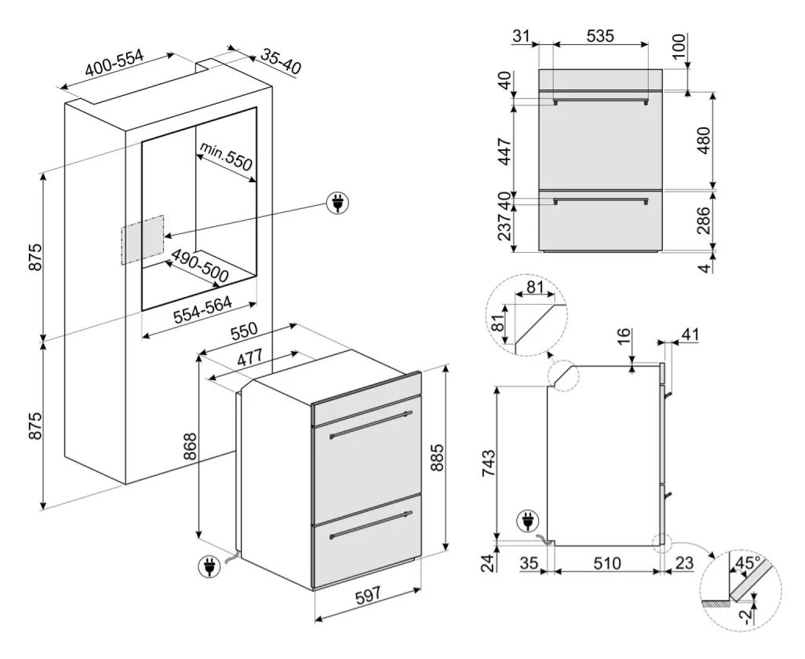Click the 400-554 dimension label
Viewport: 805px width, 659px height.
[x=114, y=64]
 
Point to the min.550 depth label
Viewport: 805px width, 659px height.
[x=227, y=156]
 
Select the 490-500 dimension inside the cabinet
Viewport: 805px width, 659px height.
[x=200, y=266]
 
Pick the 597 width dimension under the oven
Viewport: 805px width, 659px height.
[x=368, y=596]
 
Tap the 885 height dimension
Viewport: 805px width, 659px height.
[x=436, y=456]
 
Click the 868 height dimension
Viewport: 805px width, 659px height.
[x=190, y=447]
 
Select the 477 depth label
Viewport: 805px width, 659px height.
[x=250, y=357]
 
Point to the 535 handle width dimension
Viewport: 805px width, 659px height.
[x=599, y=35]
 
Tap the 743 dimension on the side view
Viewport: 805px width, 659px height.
[x=488, y=463]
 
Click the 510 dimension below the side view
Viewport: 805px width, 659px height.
[x=606, y=563]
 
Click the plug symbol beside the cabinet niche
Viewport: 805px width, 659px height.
[x=338, y=203]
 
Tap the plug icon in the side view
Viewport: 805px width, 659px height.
[x=527, y=520]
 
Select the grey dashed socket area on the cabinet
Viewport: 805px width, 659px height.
[x=143, y=240]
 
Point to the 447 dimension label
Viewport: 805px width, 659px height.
[x=505, y=151]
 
